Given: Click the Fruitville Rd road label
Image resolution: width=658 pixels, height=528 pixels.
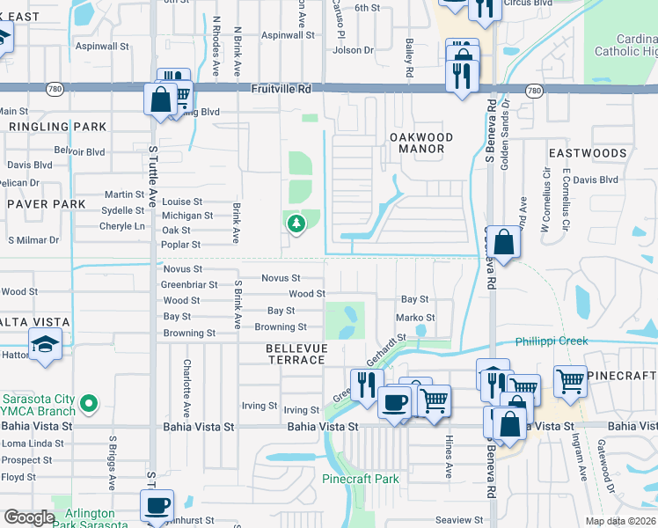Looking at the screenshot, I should coord(281,89).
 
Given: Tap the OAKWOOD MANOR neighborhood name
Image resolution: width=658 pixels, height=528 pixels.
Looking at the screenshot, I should coord(421,143).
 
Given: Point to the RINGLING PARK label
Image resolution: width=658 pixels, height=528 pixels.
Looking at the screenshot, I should coord(57,127).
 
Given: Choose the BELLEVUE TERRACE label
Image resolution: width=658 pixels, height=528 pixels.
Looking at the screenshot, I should coord(296,355).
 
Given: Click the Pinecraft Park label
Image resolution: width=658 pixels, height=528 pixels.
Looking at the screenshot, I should coord(361,480).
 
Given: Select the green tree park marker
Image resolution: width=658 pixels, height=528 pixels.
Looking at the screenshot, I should coord(296,224).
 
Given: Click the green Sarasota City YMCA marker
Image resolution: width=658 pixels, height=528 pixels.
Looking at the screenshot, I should coord(87,404).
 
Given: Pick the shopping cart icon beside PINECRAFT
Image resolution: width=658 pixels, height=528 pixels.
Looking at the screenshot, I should coord(570,381).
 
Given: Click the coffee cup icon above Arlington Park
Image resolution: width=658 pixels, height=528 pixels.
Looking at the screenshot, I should coord(157,505).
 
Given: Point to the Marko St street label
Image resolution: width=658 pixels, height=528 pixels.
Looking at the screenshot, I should coord(415,318).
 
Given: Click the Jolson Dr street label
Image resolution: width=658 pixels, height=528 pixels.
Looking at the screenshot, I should coord(353,50).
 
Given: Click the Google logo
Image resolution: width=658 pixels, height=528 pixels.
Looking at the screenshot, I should coord(30,517).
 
